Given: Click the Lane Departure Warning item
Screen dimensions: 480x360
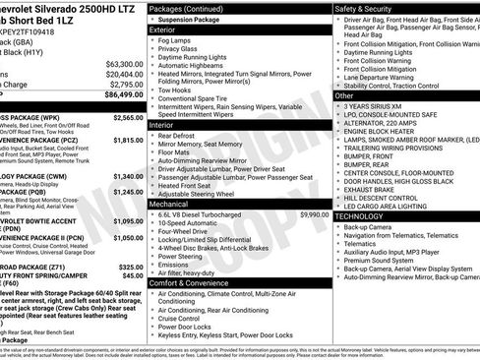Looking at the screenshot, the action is (x=389, y=77).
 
